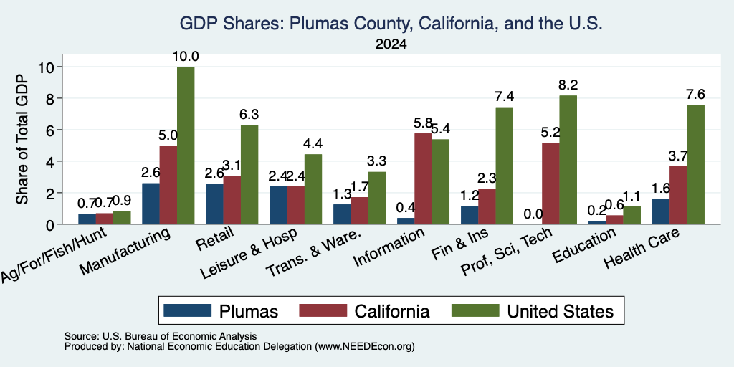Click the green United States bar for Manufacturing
[186, 145]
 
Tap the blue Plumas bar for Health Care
[660, 211]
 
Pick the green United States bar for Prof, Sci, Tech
[568, 160]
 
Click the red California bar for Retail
[232, 200]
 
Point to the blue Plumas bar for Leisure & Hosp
[278, 205]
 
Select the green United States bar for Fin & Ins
[505, 166]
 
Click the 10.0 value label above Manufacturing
[186, 57]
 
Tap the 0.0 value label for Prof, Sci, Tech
[533, 214]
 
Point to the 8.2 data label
[568, 85]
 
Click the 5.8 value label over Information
[423, 123]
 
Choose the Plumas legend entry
[221, 311]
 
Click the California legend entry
[363, 311]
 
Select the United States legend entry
[532, 311]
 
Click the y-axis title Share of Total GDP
[22, 138]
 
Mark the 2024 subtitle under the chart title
[391, 44]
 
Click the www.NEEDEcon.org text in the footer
[365, 347]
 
